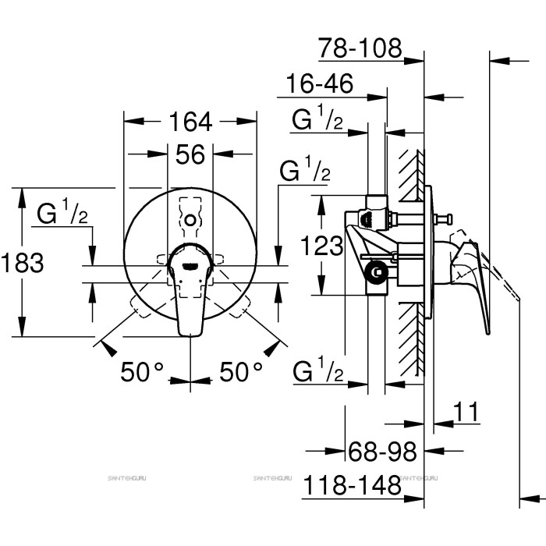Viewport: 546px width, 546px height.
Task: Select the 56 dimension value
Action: (190, 154)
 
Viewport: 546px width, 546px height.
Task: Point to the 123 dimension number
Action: (321, 246)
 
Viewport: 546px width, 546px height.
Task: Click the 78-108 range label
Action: (360, 49)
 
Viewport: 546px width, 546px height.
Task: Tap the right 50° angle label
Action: (241, 374)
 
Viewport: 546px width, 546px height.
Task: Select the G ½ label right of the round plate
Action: (305, 172)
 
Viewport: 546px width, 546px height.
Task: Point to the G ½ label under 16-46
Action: (317, 120)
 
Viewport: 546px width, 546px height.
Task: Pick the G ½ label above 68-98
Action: (317, 372)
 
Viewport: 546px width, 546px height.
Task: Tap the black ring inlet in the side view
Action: (377, 273)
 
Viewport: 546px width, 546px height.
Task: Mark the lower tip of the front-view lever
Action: (191, 334)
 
